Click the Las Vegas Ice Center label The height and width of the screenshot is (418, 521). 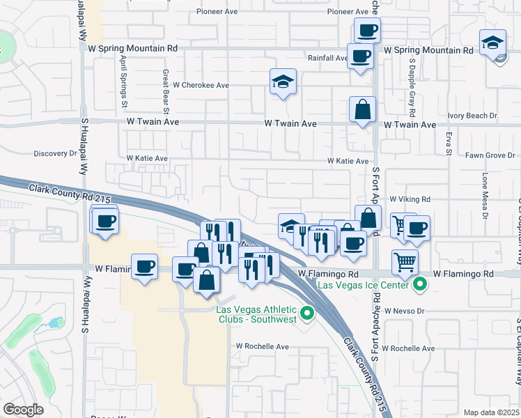364,285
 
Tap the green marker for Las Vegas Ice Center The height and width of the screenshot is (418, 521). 419,284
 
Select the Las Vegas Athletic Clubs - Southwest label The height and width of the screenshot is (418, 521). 256,314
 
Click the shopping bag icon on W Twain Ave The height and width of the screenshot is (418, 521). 363,109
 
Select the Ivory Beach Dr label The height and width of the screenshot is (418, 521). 474,116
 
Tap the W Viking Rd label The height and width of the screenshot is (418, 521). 410,199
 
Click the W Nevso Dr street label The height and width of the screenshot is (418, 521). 403,311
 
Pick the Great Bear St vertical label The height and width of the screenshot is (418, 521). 166,91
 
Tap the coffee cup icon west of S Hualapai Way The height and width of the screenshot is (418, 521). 104,222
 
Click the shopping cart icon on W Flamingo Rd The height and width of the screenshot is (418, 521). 405,262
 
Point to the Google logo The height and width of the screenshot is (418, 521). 23,410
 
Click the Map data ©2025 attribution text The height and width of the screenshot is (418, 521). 492,412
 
